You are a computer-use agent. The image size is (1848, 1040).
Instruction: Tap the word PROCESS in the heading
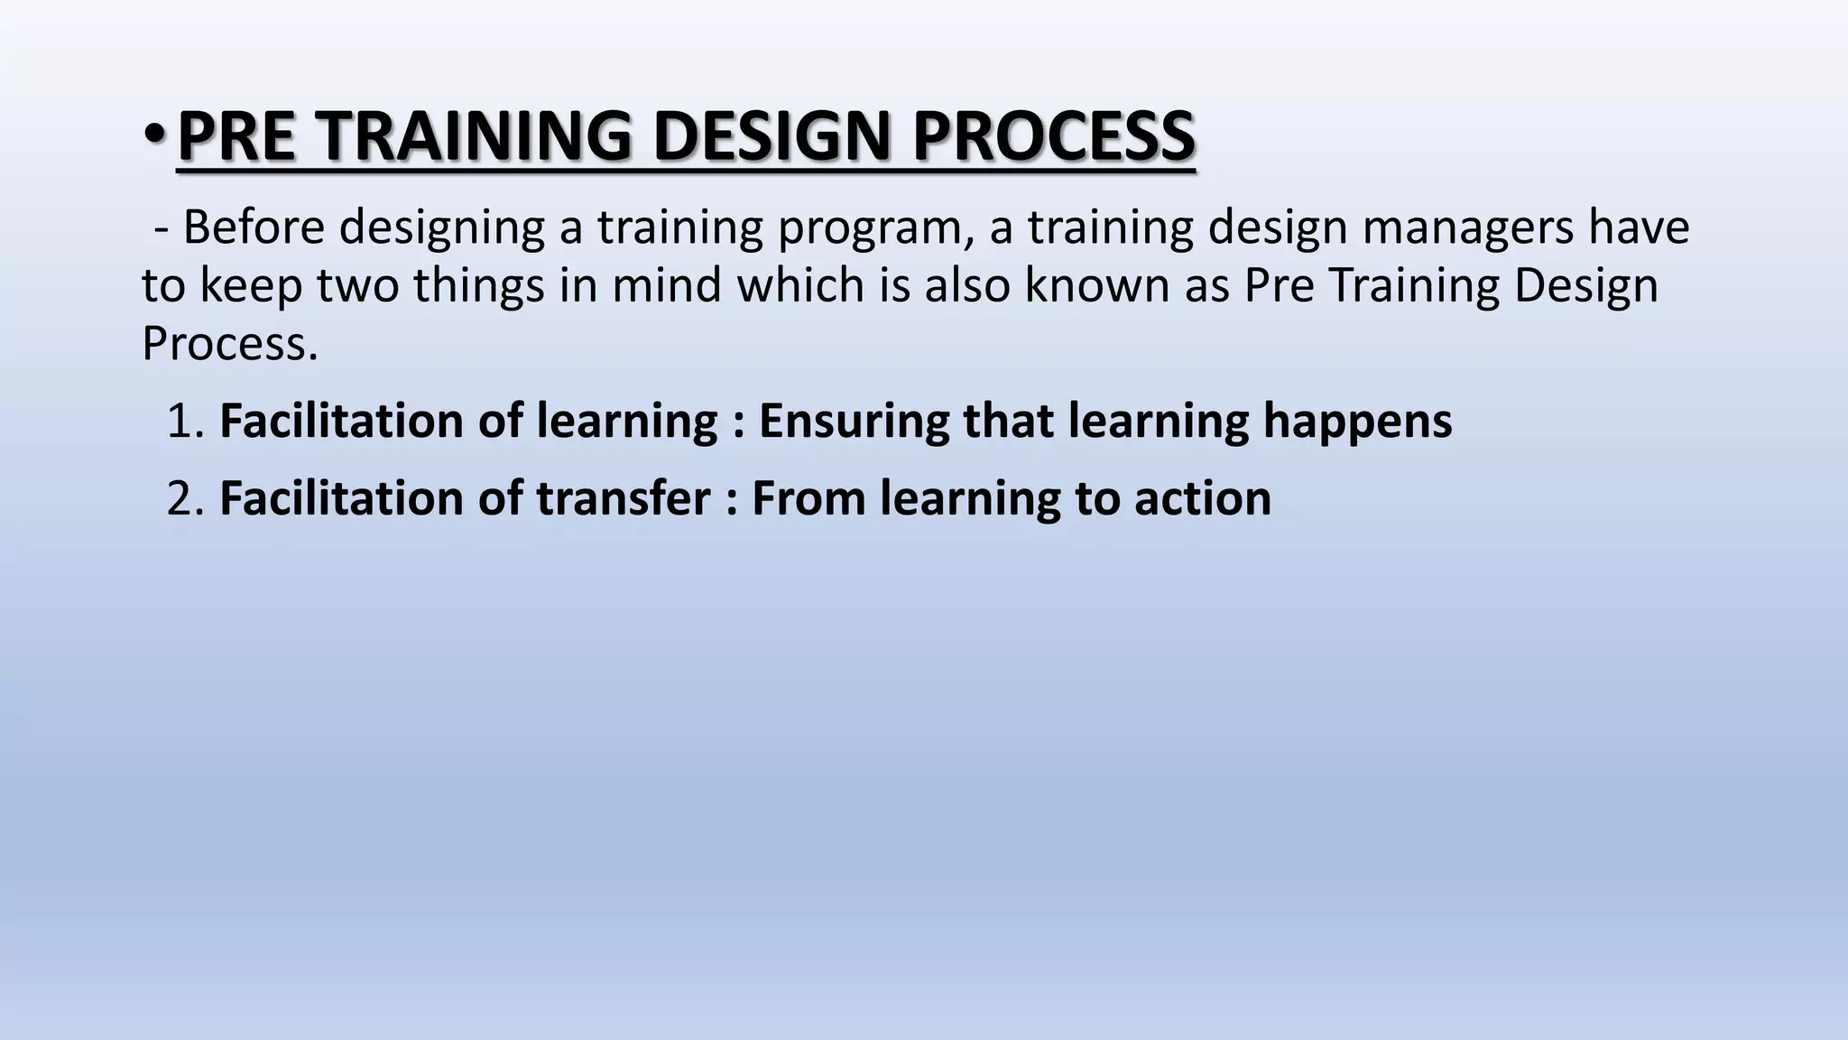tap(1053, 135)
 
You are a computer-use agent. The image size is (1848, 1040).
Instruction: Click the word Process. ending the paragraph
tap(230, 344)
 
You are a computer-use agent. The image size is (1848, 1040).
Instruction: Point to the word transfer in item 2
tap(624, 498)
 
